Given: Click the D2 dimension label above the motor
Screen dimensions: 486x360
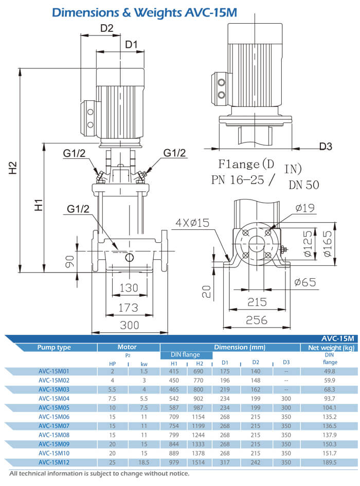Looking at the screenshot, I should point(106,29).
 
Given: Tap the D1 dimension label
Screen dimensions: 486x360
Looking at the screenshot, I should point(132,45).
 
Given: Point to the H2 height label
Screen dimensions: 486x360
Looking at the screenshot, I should point(13,168).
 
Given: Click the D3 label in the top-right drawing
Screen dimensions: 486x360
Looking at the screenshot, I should point(326,147).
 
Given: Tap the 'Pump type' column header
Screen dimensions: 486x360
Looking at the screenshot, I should point(54,347).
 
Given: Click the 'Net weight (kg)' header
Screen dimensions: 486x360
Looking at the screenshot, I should point(329,347).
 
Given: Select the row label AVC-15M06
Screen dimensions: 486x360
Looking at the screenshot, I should point(54,417).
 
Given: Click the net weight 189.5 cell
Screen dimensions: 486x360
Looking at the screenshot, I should point(329,463).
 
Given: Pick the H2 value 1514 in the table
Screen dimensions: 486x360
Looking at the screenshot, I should point(200,463).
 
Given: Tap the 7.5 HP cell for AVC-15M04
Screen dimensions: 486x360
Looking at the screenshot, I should point(112,398).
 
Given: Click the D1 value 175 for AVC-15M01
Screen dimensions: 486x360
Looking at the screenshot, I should point(225,370).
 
